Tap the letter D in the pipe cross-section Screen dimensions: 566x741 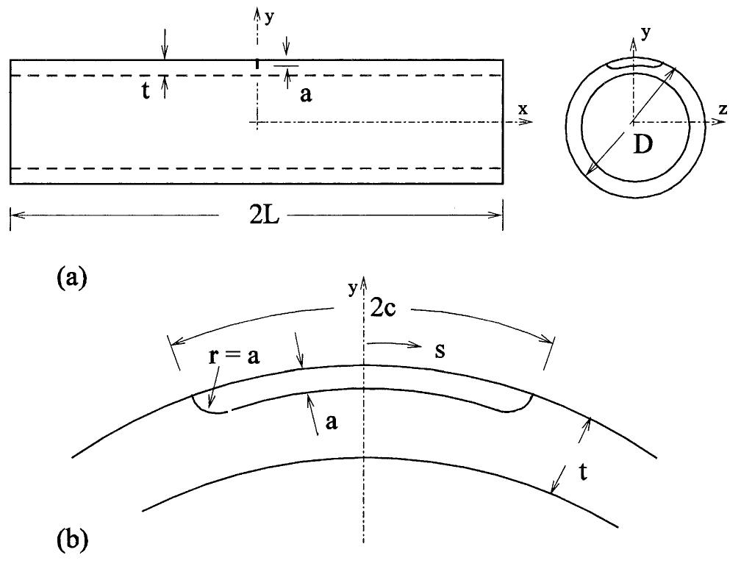[x=642, y=146]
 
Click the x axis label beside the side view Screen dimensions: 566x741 [x=523, y=108]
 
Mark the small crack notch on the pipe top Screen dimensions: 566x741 [x=257, y=65]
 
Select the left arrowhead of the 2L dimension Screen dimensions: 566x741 [x=15, y=215]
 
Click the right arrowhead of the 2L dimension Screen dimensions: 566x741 [x=498, y=215]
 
